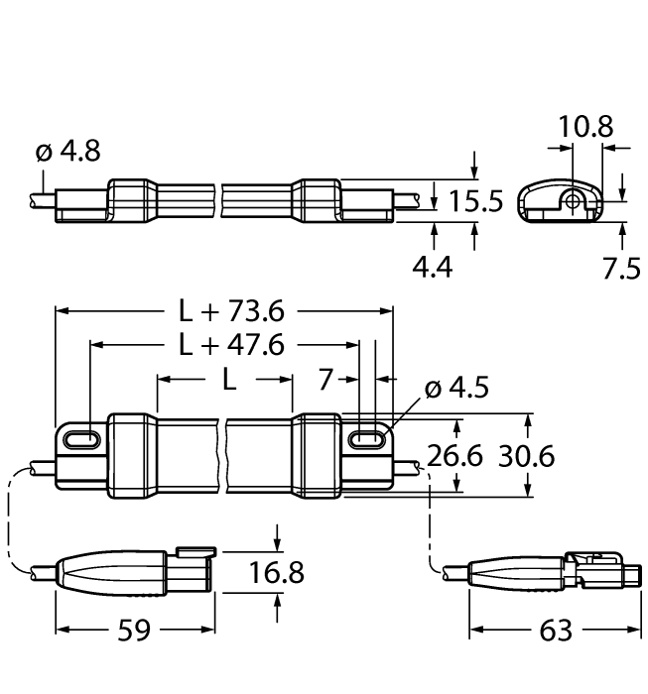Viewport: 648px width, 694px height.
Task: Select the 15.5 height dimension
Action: [x=476, y=201]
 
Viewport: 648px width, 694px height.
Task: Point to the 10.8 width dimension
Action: [x=584, y=127]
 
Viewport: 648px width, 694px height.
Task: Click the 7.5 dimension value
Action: [x=622, y=269]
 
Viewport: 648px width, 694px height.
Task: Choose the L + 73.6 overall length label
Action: [x=231, y=311]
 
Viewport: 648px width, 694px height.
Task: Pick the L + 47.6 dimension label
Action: [x=231, y=345]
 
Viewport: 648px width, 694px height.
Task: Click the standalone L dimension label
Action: [x=229, y=381]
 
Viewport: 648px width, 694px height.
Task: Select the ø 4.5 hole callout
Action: [x=457, y=390]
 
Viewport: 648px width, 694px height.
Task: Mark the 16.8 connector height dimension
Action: [x=277, y=572]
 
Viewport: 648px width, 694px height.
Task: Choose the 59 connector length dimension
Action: [x=134, y=631]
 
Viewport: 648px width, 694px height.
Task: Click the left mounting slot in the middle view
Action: [x=81, y=438]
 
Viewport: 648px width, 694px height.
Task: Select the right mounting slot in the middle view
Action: [x=366, y=437]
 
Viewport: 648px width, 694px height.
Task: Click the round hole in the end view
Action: [x=574, y=200]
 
